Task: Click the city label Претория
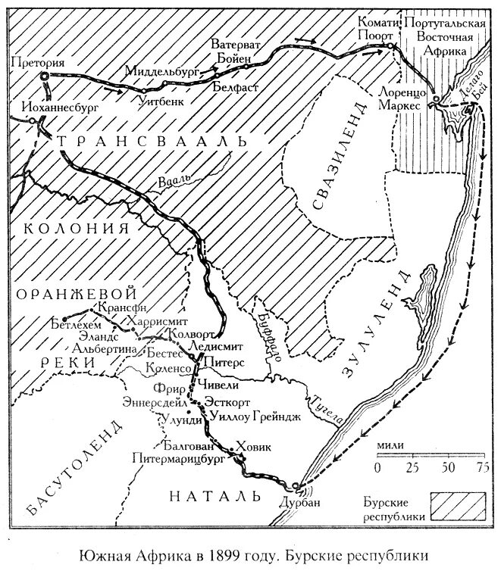pyautogui.click(x=39, y=62)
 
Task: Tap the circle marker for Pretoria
pyautogui.click(x=45, y=76)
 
